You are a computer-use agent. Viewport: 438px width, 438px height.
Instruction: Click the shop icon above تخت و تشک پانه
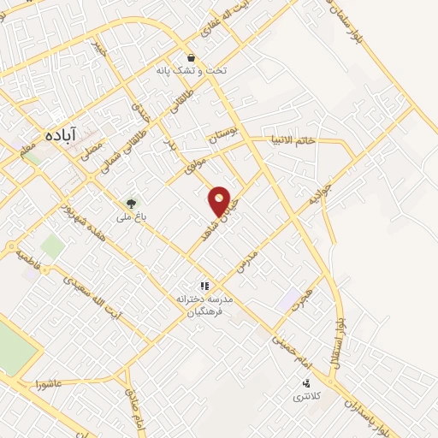tap(191, 58)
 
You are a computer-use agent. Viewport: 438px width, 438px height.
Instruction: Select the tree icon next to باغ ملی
tap(130, 204)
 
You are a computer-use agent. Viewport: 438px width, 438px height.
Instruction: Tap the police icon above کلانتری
tap(305, 383)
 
